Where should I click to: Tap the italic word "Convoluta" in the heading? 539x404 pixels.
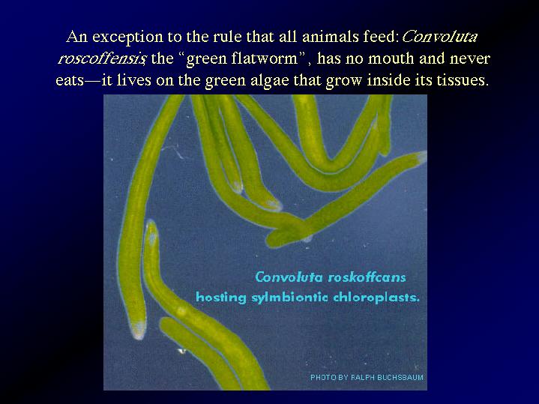pyautogui.click(x=439, y=36)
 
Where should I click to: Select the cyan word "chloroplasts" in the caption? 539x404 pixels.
pyautogui.click(x=376, y=297)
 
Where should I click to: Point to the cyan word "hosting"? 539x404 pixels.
pyautogui.click(x=221, y=298)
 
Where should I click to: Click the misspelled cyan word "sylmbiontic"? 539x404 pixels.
pyautogui.click(x=289, y=298)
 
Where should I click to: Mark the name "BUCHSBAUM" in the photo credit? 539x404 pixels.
pyautogui.click(x=400, y=377)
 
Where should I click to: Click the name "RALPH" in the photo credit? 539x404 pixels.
pyautogui.click(x=362, y=377)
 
